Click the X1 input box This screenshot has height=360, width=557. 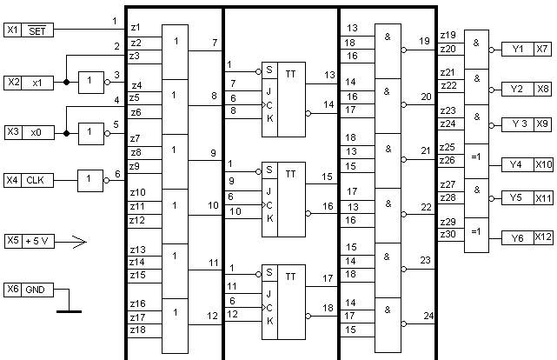tap(12, 30)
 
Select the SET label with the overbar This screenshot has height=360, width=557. tap(38, 30)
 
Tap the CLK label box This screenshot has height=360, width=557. tap(38, 180)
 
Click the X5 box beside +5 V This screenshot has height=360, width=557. tap(12, 240)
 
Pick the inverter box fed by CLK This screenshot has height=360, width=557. tap(90, 180)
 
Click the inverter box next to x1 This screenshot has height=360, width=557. tap(90, 82)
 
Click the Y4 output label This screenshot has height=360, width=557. tap(516, 163)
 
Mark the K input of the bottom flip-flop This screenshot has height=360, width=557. tap(269, 320)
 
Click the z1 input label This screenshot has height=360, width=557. tap(135, 28)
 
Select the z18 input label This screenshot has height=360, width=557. tap(136, 330)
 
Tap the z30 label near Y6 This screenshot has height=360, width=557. tap(448, 234)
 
